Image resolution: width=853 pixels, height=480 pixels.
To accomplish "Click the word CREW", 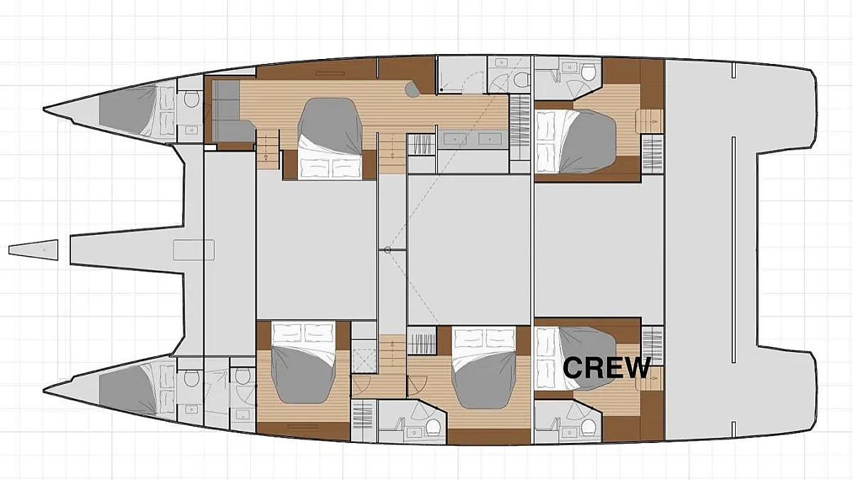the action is (606, 368).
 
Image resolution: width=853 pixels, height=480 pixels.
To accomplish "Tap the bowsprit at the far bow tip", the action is (33, 250).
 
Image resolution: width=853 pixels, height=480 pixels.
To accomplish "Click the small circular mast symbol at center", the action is (387, 250).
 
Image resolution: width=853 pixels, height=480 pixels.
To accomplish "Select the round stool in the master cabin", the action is (412, 89).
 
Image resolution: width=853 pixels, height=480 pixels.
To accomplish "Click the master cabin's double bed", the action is (330, 138).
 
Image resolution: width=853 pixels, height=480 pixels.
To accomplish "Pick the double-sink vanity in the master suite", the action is (473, 139).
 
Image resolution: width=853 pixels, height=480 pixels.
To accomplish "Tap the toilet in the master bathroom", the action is (522, 79).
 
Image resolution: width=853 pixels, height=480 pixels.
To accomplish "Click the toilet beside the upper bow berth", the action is (191, 99).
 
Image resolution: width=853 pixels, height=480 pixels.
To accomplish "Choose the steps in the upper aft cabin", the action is (650, 121).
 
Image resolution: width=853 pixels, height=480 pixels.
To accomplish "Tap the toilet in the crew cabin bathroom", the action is (589, 426).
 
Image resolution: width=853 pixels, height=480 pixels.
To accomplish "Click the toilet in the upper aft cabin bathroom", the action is (589, 73).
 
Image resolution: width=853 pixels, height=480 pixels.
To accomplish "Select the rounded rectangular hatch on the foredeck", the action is (194, 250).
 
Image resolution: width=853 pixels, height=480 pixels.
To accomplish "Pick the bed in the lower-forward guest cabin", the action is (303, 363).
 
